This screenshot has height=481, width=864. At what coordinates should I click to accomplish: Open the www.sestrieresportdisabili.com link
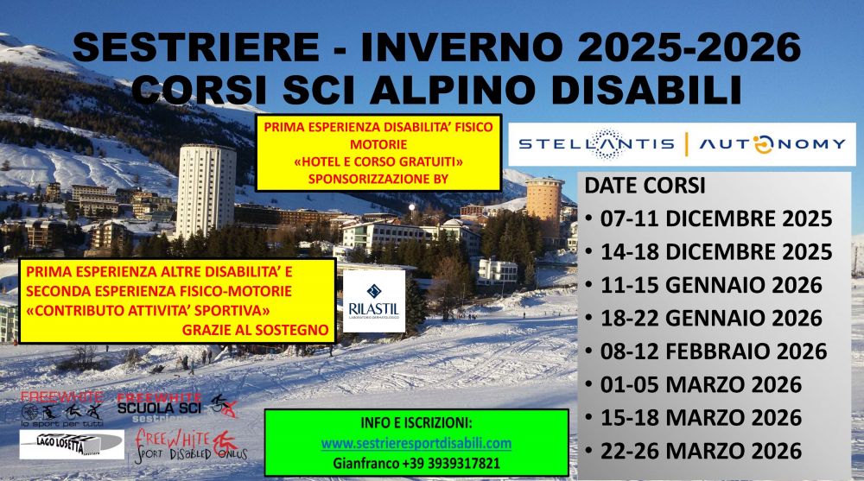click(416, 444)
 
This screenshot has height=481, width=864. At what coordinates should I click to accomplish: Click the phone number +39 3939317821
click(440, 463)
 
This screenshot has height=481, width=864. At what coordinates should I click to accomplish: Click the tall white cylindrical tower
click(206, 190)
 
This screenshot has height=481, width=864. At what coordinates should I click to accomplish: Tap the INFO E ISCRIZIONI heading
click(416, 425)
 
